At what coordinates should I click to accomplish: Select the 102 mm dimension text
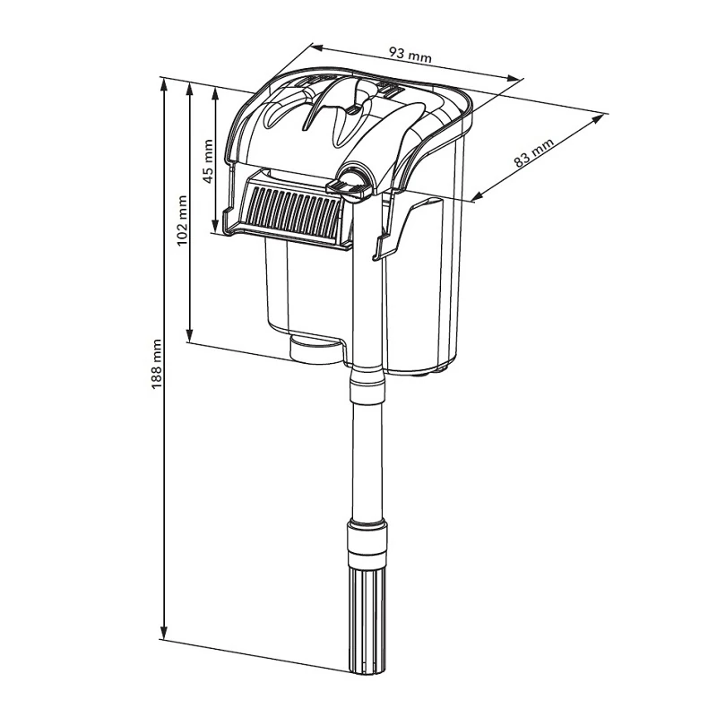182,220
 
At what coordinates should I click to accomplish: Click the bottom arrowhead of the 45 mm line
216,227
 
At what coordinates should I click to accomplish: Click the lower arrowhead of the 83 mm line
471,197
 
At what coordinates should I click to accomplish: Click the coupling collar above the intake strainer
367,543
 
